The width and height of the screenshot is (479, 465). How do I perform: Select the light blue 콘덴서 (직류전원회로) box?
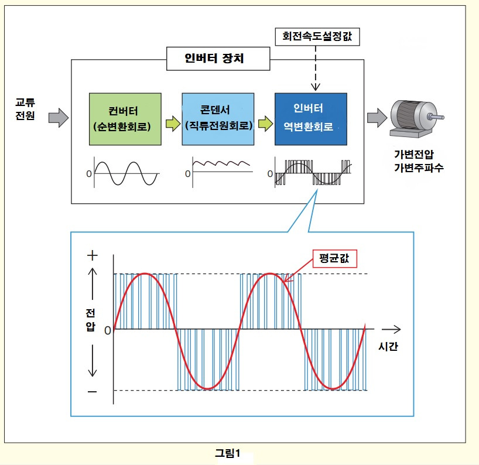[218, 119]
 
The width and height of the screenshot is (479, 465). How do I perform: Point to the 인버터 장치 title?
[218, 58]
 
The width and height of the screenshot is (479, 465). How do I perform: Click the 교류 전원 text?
[25, 109]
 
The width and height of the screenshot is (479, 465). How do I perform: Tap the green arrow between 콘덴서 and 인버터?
[265, 124]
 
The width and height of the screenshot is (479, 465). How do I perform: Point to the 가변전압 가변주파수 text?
[418, 162]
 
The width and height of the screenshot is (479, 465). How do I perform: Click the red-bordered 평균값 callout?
[335, 258]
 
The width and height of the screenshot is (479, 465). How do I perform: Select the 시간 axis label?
[388, 346]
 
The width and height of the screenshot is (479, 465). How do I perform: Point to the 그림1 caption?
[228, 452]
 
